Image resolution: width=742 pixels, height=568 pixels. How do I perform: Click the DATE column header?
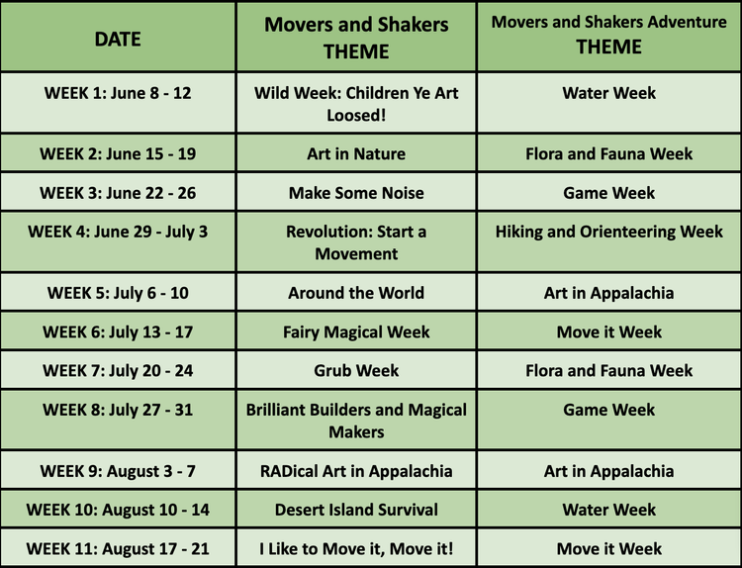coord(118,40)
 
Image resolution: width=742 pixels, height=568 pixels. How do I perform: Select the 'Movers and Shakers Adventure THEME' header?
coord(608,35)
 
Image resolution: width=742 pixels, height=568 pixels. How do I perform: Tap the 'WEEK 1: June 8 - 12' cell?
coord(118,93)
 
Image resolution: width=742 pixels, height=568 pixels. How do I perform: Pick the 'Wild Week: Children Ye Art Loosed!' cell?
coord(356,103)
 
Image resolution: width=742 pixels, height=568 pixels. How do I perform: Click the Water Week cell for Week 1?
coord(608,93)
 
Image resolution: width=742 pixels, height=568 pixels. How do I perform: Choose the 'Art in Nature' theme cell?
coord(356,153)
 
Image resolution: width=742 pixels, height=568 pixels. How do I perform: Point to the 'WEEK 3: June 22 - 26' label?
coord(118,193)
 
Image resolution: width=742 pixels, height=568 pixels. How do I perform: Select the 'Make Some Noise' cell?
coord(356,193)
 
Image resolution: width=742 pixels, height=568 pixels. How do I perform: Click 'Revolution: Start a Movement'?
coord(356,242)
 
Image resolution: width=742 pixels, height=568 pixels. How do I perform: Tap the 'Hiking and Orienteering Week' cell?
coord(608,233)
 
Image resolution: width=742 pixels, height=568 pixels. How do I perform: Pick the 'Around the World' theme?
coord(356,293)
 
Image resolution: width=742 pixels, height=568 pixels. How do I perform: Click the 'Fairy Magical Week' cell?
coord(356,331)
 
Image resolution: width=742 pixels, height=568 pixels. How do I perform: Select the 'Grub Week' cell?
coord(356,370)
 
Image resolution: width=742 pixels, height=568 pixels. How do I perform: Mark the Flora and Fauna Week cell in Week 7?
coord(608,370)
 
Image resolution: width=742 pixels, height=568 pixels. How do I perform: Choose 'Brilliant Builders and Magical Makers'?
coord(356,420)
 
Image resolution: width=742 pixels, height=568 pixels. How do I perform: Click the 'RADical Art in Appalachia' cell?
coord(356,471)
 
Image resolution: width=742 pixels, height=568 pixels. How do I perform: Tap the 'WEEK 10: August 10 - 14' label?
coord(118,510)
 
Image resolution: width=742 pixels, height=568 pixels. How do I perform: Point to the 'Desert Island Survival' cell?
coord(356,510)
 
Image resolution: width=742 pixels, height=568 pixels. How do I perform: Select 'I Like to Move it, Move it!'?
coord(356,548)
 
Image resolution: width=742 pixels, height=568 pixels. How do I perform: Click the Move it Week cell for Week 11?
coord(608,548)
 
